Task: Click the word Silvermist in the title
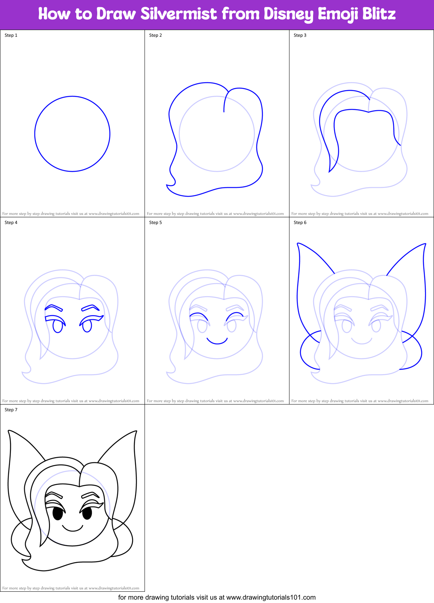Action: tap(179, 14)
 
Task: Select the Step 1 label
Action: tap(11, 35)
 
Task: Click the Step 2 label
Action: tap(155, 35)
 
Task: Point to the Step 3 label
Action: tap(300, 35)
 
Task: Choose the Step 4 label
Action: tap(11, 223)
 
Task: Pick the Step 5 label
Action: tap(155, 223)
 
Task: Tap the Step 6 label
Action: tap(300, 223)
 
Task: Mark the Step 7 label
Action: tap(11, 410)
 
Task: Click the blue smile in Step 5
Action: tap(217, 341)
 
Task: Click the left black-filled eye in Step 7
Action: tap(57, 513)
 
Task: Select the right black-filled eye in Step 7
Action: tap(87, 513)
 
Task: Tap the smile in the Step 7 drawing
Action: tap(72, 529)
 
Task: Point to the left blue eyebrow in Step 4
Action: tap(53, 307)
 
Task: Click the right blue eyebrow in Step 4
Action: tap(90, 308)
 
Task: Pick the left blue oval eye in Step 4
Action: tap(57, 326)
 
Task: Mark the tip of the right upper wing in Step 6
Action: tap(425, 244)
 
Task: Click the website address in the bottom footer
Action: tap(271, 597)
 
